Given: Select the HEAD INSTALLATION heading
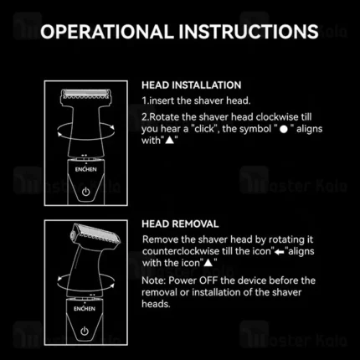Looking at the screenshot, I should [x=192, y=85].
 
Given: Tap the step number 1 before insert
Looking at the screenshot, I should [x=146, y=101].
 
